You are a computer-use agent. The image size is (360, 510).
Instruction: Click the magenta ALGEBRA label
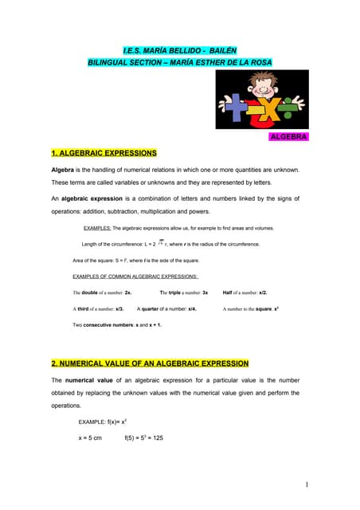coord(288,137)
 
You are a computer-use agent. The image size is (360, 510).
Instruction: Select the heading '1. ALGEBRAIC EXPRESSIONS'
coord(104,152)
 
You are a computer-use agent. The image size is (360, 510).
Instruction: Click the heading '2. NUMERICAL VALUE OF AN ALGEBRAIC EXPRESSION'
coord(150,363)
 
